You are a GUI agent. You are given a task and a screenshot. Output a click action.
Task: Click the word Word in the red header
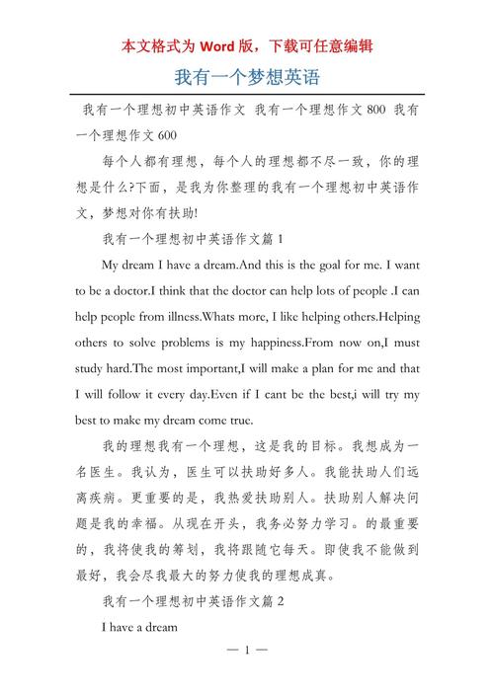click(x=219, y=45)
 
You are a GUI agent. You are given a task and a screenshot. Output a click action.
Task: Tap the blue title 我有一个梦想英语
click(x=247, y=76)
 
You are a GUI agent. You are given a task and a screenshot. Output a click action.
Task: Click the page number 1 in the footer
click(x=248, y=677)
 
